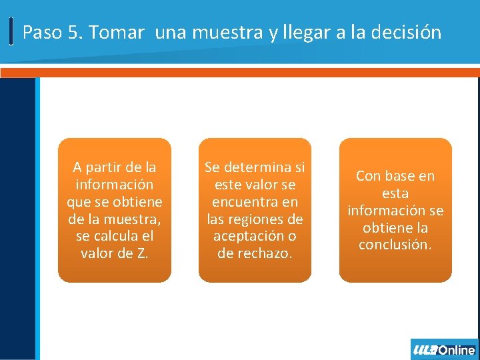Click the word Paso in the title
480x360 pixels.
[x=42, y=32]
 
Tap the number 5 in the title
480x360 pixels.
[x=73, y=32]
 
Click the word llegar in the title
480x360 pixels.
[x=309, y=32]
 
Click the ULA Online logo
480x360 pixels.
[x=445, y=349]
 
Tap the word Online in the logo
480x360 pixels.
[x=457, y=349]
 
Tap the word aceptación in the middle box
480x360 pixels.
[x=247, y=236]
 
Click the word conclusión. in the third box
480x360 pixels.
[x=395, y=245]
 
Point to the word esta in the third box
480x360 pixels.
[x=395, y=193]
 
